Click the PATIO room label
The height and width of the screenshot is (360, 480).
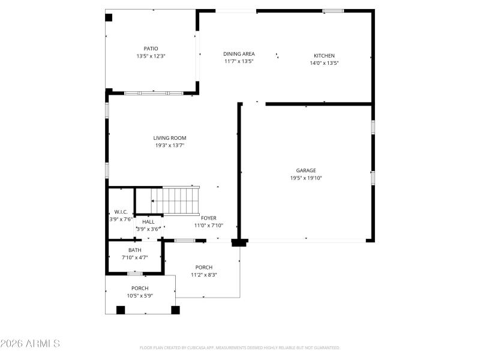click(151, 49)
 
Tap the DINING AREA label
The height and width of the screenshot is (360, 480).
click(239, 54)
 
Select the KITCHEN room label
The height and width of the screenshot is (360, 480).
click(324, 56)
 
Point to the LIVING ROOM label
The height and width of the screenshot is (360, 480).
click(170, 138)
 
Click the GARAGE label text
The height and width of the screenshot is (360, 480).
click(305, 170)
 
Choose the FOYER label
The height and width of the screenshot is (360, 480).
click(208, 218)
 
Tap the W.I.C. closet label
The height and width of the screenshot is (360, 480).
click(120, 212)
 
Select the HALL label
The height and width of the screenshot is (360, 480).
click(148, 222)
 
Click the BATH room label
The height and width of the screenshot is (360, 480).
click(135, 250)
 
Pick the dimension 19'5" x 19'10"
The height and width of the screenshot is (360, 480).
click(306, 178)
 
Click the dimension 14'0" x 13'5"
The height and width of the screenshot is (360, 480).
click(324, 63)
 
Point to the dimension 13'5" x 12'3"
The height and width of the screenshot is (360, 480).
click(151, 56)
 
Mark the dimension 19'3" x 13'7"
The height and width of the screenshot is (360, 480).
click(170, 145)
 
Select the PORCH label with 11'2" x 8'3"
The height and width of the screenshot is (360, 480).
click(203, 268)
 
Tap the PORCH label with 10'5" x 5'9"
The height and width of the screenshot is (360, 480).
click(140, 289)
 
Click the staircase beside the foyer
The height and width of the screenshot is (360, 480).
click(180, 200)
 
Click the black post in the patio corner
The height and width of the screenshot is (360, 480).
click(109, 17)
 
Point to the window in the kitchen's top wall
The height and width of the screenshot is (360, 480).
click(333, 11)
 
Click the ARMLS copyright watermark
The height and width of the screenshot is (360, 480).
click(30, 344)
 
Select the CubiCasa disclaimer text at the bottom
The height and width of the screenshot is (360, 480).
click(240, 347)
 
